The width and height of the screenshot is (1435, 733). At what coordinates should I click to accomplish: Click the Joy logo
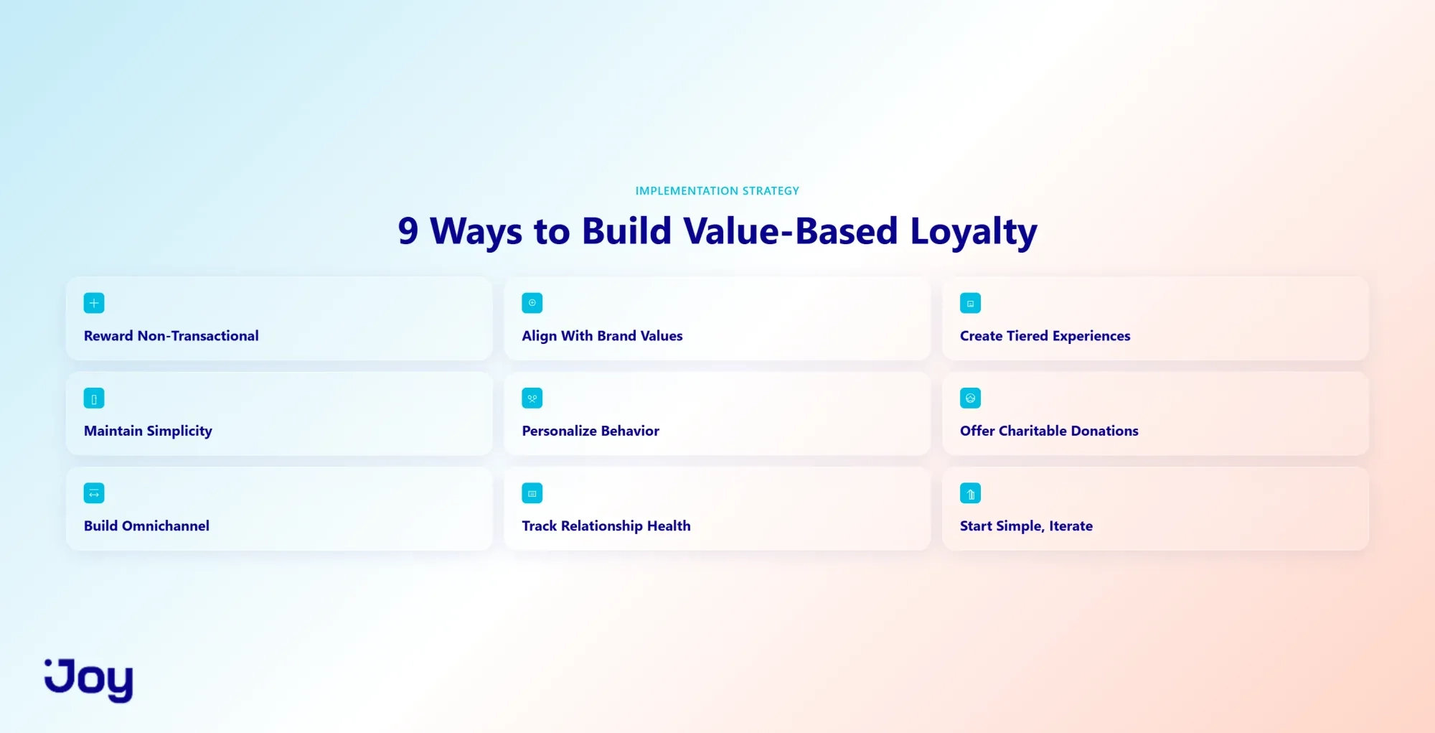pyautogui.click(x=89, y=680)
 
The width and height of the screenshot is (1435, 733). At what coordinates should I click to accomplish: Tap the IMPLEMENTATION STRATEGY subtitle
pyautogui.click(x=717, y=191)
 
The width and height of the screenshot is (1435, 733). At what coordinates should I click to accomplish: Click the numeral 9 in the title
pyautogui.click(x=408, y=231)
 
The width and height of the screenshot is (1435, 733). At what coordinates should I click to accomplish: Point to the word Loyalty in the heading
pyautogui.click(x=974, y=233)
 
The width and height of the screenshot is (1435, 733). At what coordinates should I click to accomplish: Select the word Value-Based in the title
pyautogui.click(x=790, y=231)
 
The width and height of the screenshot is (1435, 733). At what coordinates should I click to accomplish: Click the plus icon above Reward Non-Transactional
pyautogui.click(x=94, y=303)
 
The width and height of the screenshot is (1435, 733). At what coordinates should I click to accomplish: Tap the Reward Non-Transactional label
pyautogui.click(x=171, y=336)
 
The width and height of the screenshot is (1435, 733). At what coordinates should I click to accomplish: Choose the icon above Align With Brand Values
pyautogui.click(x=532, y=303)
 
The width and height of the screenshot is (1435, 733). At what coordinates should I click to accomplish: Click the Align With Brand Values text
pyautogui.click(x=602, y=336)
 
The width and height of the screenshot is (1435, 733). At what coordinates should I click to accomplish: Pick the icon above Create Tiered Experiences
pyautogui.click(x=970, y=303)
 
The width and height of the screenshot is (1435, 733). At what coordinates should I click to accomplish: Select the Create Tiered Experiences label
pyautogui.click(x=1045, y=336)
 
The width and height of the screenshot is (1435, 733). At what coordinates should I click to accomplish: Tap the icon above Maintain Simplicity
pyautogui.click(x=94, y=398)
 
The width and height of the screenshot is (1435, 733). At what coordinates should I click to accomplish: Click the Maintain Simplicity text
pyautogui.click(x=148, y=431)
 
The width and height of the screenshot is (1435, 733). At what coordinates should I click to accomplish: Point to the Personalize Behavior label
pyautogui.click(x=591, y=431)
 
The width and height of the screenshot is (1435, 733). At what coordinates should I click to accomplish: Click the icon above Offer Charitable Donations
pyautogui.click(x=970, y=398)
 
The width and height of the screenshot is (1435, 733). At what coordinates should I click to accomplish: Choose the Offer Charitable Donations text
pyautogui.click(x=1049, y=431)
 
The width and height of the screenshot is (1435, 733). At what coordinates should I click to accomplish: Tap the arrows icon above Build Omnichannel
pyautogui.click(x=94, y=493)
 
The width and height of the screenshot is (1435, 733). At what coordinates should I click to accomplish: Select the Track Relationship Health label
pyautogui.click(x=606, y=526)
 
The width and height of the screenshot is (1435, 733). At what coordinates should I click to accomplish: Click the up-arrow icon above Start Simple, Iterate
pyautogui.click(x=970, y=493)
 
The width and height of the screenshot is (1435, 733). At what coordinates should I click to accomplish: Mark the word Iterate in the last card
pyautogui.click(x=1071, y=526)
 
